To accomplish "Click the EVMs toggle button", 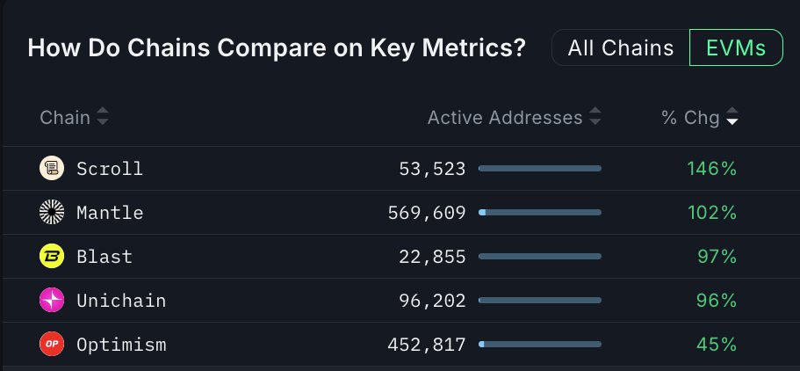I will click(735, 48).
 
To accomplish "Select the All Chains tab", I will click(621, 48).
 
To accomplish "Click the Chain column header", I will click(65, 117).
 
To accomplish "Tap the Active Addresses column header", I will click(505, 117).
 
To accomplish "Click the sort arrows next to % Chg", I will click(732, 117).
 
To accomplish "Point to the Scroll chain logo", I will click(52, 168).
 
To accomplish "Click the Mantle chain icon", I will click(52, 212).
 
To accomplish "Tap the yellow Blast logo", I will click(52, 256).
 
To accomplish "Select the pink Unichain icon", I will click(52, 300).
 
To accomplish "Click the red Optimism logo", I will click(52, 344).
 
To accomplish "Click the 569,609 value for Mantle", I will click(426, 212).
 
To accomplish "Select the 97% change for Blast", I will click(716, 256).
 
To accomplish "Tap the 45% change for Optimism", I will click(716, 344).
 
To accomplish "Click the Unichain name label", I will click(121, 300).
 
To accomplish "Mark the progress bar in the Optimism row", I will click(540, 344).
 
